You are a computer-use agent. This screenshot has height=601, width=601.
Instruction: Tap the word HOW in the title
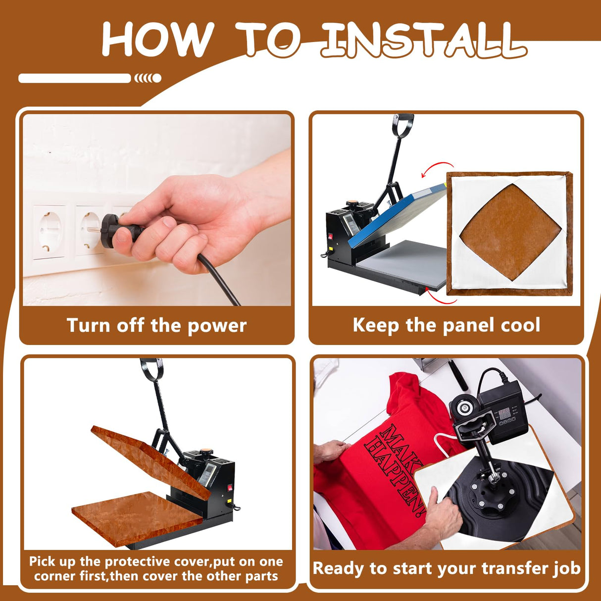pos(156,39)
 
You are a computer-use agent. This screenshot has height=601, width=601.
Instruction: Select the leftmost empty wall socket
pos(49,231)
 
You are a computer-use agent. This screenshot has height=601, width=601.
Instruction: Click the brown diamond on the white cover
pos(510,232)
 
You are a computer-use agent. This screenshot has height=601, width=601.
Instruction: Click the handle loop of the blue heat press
pos(403,125)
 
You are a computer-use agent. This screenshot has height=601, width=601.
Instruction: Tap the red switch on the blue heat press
pos(330,236)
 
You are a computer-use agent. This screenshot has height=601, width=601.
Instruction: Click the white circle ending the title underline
pos(156,78)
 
